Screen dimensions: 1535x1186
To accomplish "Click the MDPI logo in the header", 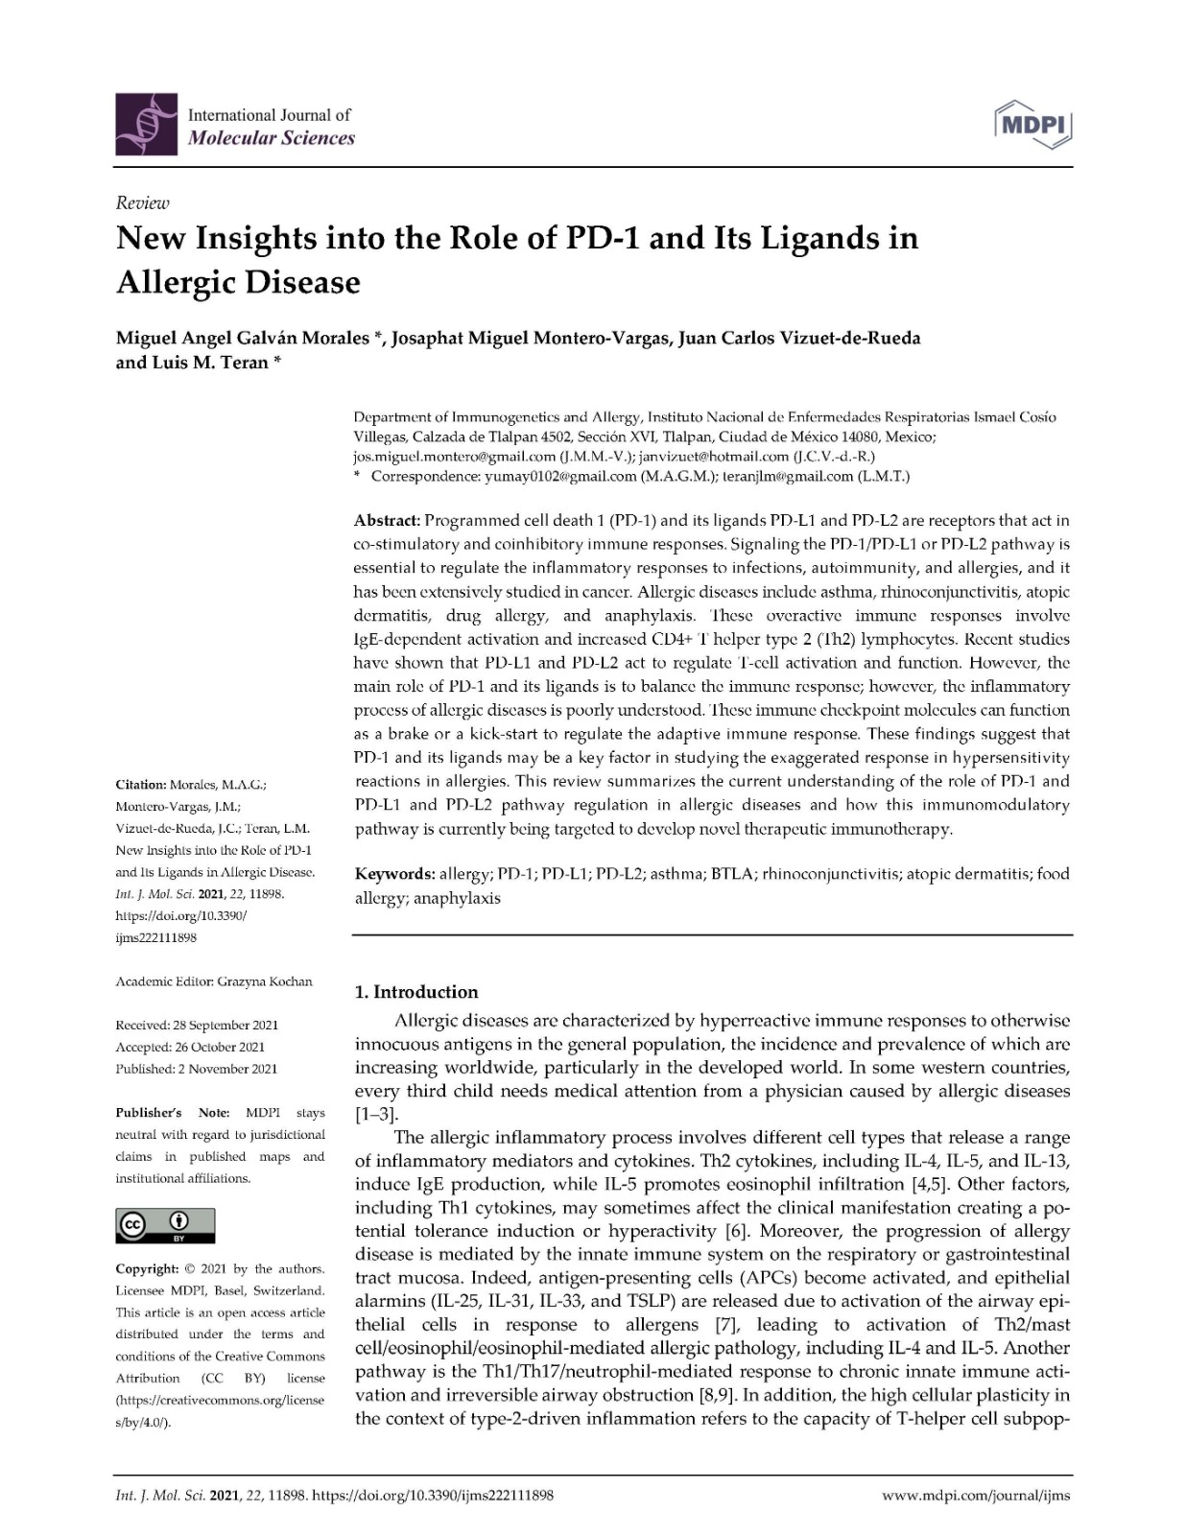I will click(1034, 126).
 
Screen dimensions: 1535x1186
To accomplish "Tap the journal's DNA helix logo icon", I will click(147, 126).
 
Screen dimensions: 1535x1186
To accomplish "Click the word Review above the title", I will click(142, 202).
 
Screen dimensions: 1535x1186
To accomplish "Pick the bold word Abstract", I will click(387, 521).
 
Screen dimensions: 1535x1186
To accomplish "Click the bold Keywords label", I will click(394, 874).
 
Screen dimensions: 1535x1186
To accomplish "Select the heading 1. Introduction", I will click(416, 992).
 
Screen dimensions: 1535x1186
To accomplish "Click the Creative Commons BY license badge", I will click(165, 1225).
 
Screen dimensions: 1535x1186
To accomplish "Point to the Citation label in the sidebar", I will click(140, 785).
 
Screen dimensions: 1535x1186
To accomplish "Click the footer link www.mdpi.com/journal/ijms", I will click(975, 1495).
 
